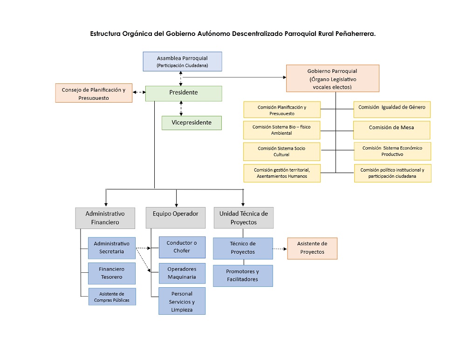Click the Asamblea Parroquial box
[182, 61]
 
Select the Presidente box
[183, 93]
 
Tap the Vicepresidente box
[192, 123]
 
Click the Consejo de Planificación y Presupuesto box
[94, 93]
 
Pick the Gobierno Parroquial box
[332, 78]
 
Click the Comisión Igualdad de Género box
[391, 110]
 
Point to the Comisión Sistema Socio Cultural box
[281, 151]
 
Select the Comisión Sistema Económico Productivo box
[392, 151]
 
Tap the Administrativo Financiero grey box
[105, 218]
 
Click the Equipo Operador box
[175, 218]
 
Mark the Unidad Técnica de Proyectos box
[244, 218]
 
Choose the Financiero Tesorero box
[112, 273]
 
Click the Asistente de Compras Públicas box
[112, 297]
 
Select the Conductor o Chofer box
[182, 247]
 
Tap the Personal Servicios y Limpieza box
[182, 301]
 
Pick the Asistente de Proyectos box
[312, 248]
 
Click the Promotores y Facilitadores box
[242, 276]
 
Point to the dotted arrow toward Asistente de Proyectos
[280, 249]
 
